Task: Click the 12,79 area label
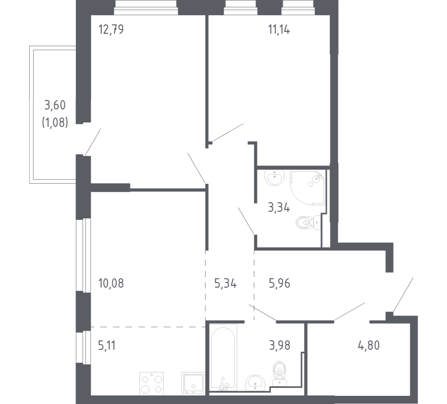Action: coord(111,30)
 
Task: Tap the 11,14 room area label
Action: coord(279,30)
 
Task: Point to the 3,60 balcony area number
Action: coord(55,105)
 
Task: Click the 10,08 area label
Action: coord(111,284)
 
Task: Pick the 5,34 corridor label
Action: coord(225,284)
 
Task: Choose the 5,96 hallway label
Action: coord(279,284)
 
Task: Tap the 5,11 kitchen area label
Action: coord(107,345)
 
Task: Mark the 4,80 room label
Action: coord(368,345)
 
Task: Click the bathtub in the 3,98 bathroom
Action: coord(224,358)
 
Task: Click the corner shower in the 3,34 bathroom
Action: coord(308,188)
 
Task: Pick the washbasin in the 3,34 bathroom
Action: coord(274,178)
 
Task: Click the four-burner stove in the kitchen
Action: coord(151,383)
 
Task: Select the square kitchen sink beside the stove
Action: coord(193,383)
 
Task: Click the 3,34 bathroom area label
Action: coord(279,208)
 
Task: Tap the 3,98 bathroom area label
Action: coord(279,345)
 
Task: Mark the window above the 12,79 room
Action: coord(146,7)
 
